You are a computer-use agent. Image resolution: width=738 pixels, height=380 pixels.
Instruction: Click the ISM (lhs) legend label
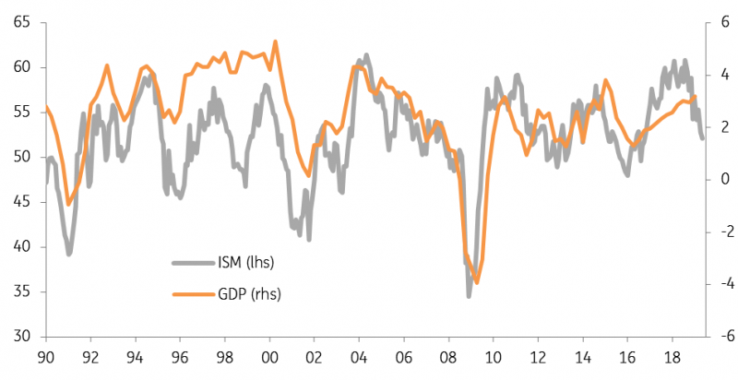tap(245, 262)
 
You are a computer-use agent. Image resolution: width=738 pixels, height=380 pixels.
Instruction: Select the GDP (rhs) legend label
tap(249, 294)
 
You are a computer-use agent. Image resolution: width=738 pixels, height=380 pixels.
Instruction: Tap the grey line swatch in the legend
tap(193, 263)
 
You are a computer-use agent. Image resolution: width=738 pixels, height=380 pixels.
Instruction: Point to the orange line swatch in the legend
tap(193, 294)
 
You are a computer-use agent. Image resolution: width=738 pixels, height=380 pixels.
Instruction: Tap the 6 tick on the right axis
tap(725, 22)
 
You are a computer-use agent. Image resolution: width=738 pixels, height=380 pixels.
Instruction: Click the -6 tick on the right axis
tap(723, 337)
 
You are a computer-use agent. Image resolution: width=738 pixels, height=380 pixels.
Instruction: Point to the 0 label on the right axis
tap(725, 179)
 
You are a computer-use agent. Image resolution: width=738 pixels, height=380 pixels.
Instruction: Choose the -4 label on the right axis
tap(723, 284)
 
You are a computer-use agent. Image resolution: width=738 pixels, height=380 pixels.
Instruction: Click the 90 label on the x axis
tap(46, 359)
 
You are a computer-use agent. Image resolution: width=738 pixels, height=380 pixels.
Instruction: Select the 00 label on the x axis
tap(269, 359)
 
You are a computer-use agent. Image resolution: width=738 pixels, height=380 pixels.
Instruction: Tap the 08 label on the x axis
tap(448, 359)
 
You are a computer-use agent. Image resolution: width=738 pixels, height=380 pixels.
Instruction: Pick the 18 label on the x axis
tap(673, 359)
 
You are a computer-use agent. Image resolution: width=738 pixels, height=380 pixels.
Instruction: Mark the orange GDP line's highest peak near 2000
tap(275, 42)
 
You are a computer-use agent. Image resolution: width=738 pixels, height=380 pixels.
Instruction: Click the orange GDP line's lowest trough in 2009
tap(477, 282)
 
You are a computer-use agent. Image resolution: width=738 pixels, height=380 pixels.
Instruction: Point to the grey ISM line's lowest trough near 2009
tap(469, 296)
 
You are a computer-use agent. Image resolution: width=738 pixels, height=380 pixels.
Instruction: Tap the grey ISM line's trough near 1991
tap(68, 254)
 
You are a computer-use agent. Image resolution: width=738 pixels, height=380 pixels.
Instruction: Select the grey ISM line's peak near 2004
tap(366, 55)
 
